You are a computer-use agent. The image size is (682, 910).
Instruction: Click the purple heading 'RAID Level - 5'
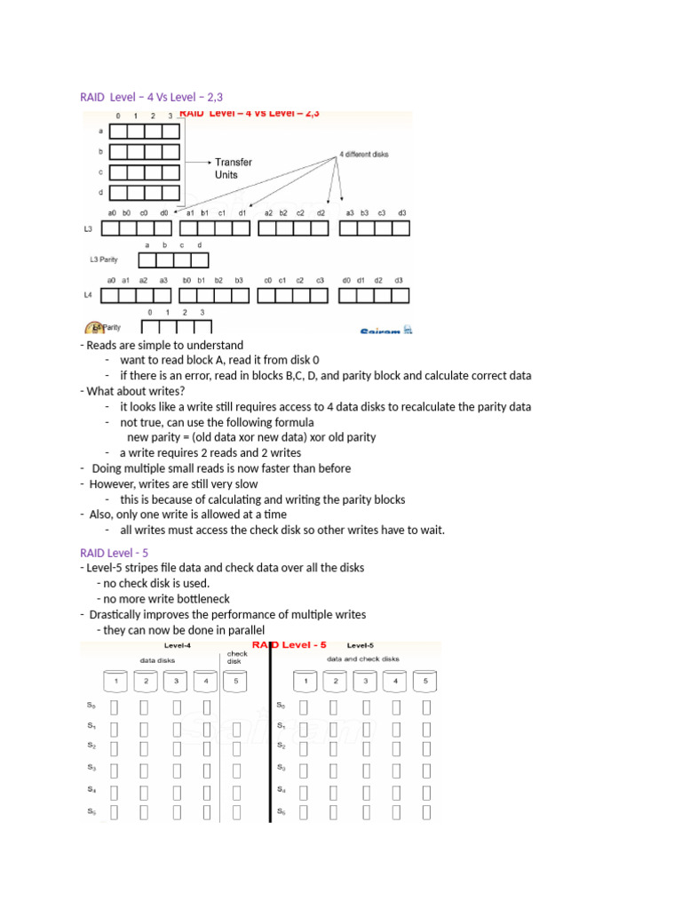tap(114, 552)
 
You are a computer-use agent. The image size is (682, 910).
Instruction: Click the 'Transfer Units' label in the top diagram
tap(233, 169)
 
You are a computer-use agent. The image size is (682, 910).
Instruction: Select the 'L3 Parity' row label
tap(104, 260)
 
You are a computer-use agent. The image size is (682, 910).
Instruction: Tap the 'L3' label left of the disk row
tap(87, 228)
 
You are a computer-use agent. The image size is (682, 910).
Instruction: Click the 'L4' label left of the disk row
tap(87, 294)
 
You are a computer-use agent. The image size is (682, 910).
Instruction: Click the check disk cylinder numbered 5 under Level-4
tap(234, 682)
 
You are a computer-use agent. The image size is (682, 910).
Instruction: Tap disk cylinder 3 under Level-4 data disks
tap(175, 682)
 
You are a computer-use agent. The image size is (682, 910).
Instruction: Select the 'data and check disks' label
tap(363, 659)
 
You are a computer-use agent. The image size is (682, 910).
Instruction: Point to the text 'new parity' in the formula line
tap(152, 437)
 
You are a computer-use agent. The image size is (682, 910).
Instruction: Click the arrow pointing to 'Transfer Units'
tap(198, 163)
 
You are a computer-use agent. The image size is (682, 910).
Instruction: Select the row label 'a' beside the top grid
tap(100, 130)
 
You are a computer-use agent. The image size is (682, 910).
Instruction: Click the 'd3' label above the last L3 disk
tap(401, 213)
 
